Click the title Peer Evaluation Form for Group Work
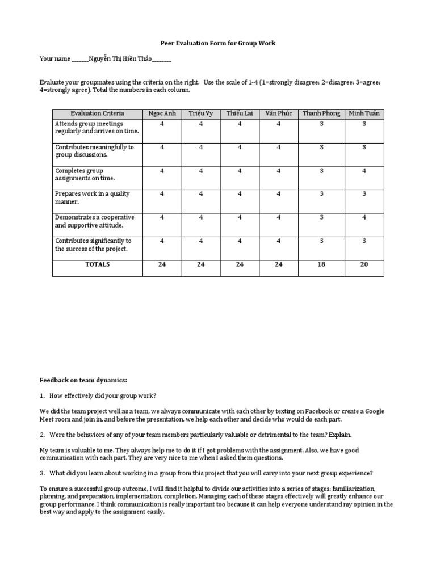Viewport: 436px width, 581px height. (x=218, y=43)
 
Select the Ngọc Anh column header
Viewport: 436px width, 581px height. (x=162, y=113)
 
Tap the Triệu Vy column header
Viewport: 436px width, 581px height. (x=201, y=113)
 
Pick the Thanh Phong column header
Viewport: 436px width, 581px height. (x=321, y=113)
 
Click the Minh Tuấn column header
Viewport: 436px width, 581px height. (x=364, y=113)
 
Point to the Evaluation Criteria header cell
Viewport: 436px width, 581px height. (x=97, y=113)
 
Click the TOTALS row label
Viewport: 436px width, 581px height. (x=97, y=264)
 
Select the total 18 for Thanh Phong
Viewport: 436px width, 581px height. (x=321, y=264)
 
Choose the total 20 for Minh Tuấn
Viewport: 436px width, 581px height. (x=364, y=264)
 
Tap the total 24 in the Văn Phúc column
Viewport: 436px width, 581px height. (x=278, y=264)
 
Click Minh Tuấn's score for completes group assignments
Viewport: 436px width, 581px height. (x=364, y=171)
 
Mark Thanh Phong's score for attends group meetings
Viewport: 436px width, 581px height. (x=321, y=124)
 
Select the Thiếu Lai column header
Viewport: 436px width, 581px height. (x=240, y=113)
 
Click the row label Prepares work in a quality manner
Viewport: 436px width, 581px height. (x=93, y=197)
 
